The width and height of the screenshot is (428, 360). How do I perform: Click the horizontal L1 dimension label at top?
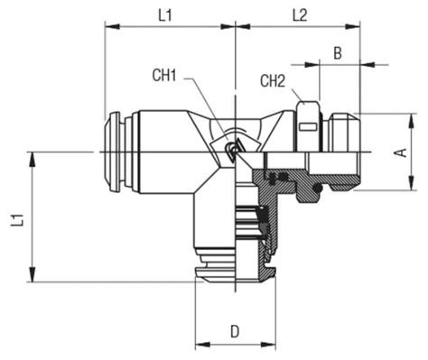click(165, 14)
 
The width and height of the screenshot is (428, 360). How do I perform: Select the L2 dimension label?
click(300, 14)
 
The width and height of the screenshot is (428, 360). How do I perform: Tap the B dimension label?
click(337, 53)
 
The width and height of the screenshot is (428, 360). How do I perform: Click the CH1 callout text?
click(164, 77)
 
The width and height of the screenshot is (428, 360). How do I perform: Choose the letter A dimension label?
click(399, 152)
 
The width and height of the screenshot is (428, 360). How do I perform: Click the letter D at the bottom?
click(234, 331)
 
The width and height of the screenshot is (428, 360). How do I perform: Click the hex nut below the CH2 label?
click(307, 125)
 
